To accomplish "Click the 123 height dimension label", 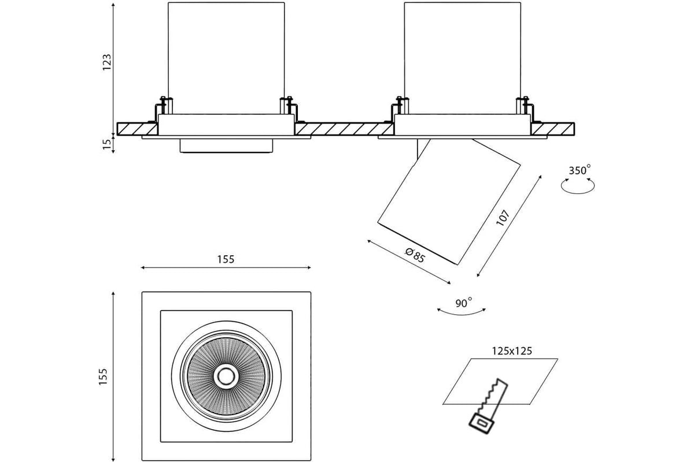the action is [x=107, y=62].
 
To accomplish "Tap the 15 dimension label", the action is [x=107, y=144].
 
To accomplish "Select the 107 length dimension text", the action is [x=503, y=218].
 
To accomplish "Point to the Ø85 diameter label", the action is [x=415, y=255].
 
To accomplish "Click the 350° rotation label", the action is [x=579, y=170].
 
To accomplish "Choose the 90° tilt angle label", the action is [x=463, y=303].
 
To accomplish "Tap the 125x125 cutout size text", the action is [x=512, y=351].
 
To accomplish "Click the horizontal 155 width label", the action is [x=226, y=259].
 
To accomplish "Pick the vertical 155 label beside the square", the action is [x=103, y=377].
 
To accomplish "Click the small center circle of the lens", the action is [x=226, y=376].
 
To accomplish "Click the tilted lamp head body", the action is [x=449, y=202].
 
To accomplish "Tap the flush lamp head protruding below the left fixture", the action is [x=227, y=146].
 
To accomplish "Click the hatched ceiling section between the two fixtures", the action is [x=344, y=129].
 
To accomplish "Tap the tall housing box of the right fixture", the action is [x=462, y=58].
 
